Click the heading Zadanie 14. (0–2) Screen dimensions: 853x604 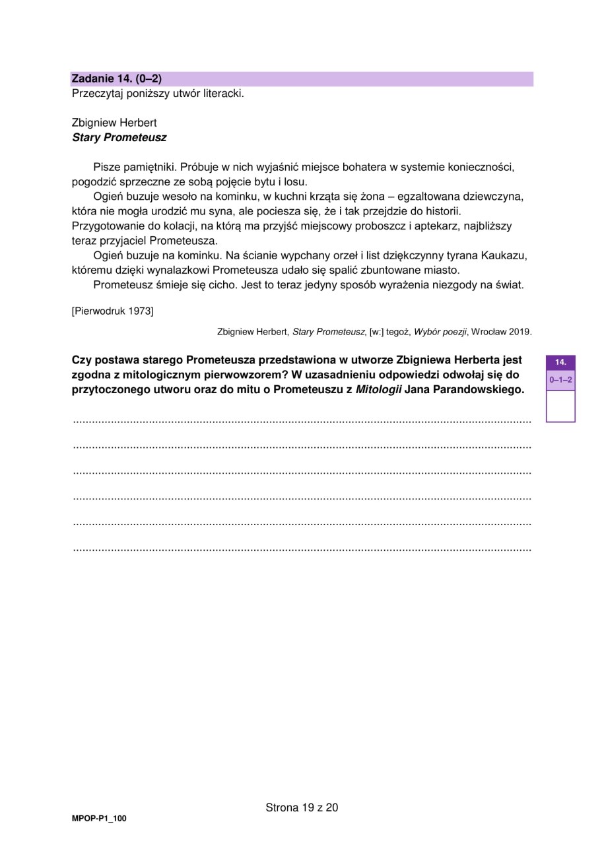tap(116, 79)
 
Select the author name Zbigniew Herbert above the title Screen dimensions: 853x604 tap(114, 123)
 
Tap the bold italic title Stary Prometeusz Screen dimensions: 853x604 tap(119, 138)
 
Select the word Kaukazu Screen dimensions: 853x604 tap(506, 255)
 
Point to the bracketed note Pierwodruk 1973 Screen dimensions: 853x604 tap(112, 311)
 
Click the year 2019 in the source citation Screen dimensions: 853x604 tap(520, 331)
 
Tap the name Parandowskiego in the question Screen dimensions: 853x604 tap(479, 389)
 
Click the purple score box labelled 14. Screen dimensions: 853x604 tap(560, 362)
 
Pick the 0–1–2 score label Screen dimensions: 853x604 tap(560, 380)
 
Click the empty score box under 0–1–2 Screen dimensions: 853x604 tap(560, 405)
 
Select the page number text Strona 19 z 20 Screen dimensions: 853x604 tap(302, 807)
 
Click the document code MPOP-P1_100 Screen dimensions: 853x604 tap(99, 819)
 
